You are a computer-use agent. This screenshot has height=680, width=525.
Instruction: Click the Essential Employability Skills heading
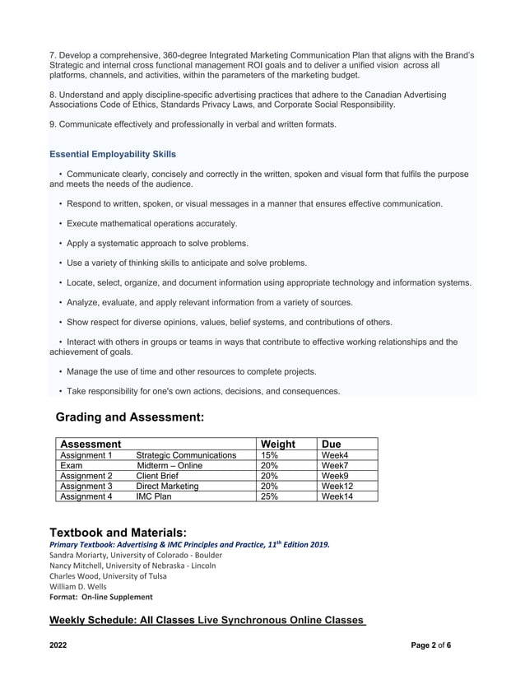113,154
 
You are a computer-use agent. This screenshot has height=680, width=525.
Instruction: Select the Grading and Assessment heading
129,417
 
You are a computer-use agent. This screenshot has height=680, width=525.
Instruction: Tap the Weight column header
277,444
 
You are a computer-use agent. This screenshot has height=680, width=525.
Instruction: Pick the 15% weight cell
269,455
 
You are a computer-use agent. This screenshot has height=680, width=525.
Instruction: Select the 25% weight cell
269,496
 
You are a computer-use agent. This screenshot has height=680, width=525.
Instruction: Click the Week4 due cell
335,455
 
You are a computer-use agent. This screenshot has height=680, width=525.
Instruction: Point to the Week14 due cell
337,496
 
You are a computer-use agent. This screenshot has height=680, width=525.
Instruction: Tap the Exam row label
72,466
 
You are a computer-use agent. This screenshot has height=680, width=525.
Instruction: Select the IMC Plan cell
153,496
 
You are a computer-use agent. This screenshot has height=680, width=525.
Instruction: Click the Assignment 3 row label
86,487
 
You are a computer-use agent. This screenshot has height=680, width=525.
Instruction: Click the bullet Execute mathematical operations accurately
151,223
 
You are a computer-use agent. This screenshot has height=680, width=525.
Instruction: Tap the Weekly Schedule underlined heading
207,619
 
